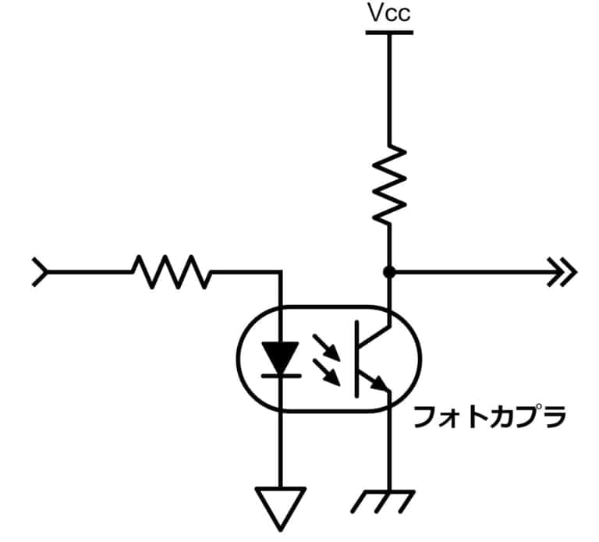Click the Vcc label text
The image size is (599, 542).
tap(389, 13)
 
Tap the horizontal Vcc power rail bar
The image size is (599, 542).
tap(389, 33)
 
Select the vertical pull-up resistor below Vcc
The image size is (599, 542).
tap(389, 185)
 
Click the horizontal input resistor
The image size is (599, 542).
tap(171, 272)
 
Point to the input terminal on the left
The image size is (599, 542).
tap(40, 272)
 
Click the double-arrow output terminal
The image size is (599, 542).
tap(562, 272)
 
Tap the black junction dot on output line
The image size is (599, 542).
tap(389, 272)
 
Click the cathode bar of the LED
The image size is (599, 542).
tap(281, 376)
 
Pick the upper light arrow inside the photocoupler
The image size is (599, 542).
tap(326, 347)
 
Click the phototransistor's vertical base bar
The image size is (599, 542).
tap(356, 359)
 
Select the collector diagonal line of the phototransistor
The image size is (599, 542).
tap(374, 335)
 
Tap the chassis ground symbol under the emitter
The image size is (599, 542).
tap(383, 501)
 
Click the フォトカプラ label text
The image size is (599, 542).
tap(490, 417)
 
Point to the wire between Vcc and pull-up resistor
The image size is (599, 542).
tap(389, 90)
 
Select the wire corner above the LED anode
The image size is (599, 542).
tap(281, 272)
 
